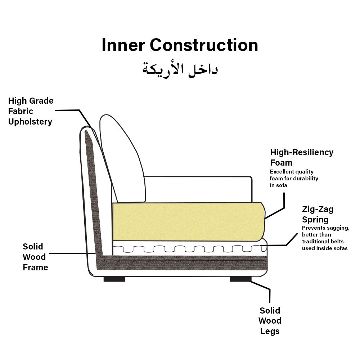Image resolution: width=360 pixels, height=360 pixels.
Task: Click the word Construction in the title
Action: click(204, 46)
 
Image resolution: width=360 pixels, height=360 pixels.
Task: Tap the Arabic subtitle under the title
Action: click(180, 68)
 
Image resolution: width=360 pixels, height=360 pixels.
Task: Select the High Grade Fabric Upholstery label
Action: click(31, 111)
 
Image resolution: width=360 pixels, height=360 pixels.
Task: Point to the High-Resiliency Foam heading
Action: click(302, 157)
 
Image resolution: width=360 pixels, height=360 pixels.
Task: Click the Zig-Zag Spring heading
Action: click(318, 215)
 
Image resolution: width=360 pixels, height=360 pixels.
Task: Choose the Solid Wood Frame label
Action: click(35, 257)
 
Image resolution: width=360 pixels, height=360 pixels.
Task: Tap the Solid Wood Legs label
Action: click(270, 321)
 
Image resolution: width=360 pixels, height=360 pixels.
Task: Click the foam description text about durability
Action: click(294, 179)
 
